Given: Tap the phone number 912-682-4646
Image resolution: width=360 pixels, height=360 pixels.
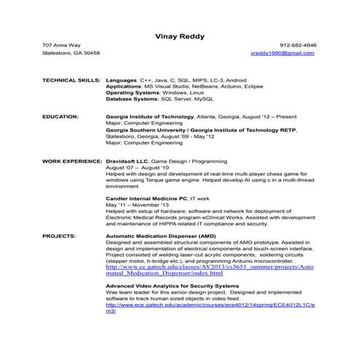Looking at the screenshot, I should coord(298,45).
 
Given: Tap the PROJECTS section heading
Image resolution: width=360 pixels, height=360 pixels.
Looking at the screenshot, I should coord(58,236).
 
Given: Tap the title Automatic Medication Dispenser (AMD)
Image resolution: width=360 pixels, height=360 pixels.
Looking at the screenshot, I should coord(160,236).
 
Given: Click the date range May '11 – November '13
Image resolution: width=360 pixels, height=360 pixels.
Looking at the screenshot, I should coord(140,204).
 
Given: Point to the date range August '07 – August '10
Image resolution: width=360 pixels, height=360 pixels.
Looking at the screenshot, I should coord(137,165).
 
